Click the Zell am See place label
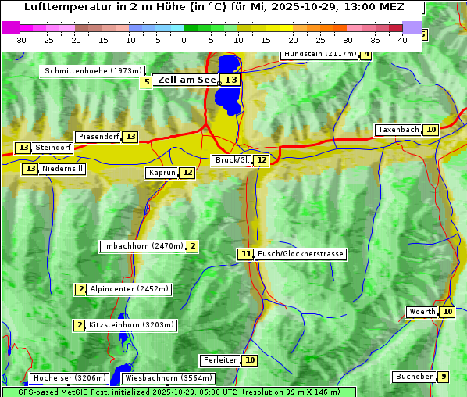click(x=187, y=80)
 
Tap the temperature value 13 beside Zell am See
click(x=230, y=80)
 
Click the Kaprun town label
click(x=162, y=173)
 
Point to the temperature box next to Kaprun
click(x=187, y=173)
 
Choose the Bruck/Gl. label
click(x=232, y=160)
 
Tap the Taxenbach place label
click(x=398, y=130)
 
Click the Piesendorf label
click(x=98, y=137)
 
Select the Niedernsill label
click(x=62, y=169)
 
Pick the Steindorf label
click(x=53, y=148)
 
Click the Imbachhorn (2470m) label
click(x=144, y=246)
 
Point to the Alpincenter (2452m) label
click(x=129, y=289)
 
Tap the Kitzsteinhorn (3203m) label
click(x=131, y=325)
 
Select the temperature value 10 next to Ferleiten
click(x=249, y=360)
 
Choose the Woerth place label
click(x=422, y=312)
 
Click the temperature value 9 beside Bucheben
click(x=444, y=377)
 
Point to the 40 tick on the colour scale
click(x=402, y=39)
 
